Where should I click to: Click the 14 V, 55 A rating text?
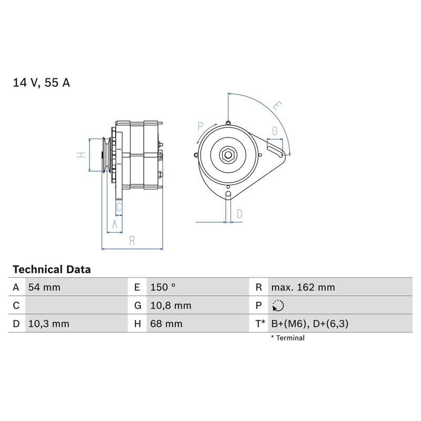(42, 83)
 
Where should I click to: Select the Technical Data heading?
(52, 269)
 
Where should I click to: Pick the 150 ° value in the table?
(163, 287)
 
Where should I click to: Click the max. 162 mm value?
(303, 287)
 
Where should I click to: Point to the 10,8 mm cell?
(171, 306)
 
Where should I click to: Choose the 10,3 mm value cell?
(48, 324)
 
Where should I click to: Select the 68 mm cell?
(166, 324)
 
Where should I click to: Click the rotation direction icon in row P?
(278, 306)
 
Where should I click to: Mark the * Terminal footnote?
(287, 338)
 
